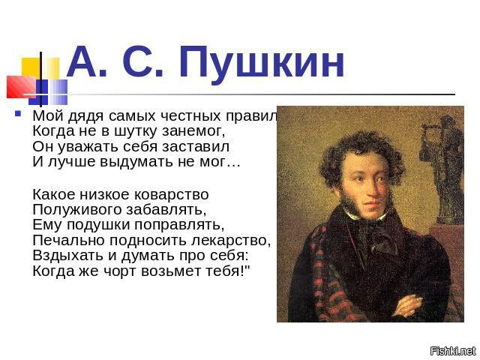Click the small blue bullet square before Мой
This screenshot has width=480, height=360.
18,114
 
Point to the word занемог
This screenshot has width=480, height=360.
193,131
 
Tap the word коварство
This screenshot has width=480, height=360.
172,195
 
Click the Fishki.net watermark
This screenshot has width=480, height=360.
453,350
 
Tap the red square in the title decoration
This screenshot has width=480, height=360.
21,87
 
